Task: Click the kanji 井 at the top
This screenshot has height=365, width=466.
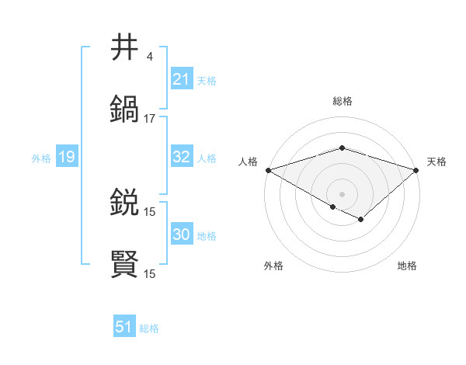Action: point(125,47)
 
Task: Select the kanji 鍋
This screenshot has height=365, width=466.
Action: point(125,109)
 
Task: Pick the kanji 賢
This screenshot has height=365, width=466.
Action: point(125,264)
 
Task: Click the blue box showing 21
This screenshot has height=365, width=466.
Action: point(181,79)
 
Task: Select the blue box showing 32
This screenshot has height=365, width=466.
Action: point(181,157)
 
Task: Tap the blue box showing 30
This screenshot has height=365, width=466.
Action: point(181,235)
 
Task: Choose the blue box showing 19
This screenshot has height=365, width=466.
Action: point(67,158)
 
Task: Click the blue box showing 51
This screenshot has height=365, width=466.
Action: point(124,328)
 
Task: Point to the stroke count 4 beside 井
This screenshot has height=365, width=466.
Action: point(149,57)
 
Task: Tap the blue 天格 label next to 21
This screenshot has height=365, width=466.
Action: point(207,80)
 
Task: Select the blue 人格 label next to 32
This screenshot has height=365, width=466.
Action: point(207,158)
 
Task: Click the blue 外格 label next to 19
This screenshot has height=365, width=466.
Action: point(41,158)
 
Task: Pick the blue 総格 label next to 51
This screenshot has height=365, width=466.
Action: point(149,328)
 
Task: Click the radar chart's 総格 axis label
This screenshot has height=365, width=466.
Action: point(342,101)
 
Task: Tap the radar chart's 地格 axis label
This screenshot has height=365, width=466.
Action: point(407,266)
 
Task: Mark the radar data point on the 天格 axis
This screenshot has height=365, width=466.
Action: point(416,170)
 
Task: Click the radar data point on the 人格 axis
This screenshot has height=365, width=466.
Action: point(268,170)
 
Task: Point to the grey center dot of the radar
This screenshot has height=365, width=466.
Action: point(342,193)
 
